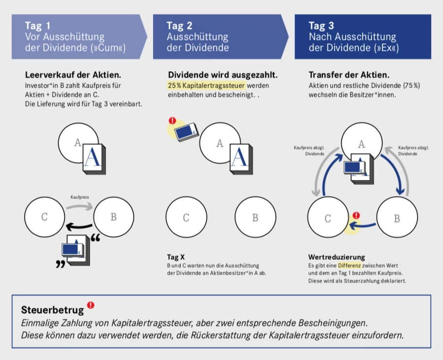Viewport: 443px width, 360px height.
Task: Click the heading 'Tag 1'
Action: tap(38, 26)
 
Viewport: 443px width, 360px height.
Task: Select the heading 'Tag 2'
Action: tap(180, 26)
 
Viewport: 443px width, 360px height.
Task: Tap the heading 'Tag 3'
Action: tap(321, 26)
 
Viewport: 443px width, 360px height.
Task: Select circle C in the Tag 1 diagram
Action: tap(44, 217)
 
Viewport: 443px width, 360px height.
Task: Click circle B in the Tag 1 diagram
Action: tap(113, 217)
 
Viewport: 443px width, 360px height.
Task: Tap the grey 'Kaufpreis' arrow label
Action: tap(80, 197)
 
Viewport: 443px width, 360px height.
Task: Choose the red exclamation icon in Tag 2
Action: tap(172, 120)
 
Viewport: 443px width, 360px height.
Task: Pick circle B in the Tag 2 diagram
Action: tap(254, 218)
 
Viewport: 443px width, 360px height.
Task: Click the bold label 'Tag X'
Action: tap(176, 257)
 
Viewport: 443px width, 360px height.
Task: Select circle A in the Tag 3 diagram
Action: tap(362, 144)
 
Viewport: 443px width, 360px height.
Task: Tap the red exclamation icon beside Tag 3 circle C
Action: tap(356, 215)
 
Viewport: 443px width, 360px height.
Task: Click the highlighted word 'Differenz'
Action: tap(349, 265)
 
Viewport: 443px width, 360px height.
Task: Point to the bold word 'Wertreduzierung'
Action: tap(337, 257)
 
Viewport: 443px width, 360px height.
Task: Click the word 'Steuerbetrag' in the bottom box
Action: tap(53, 310)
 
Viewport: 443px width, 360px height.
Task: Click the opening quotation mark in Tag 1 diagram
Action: tap(95, 240)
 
